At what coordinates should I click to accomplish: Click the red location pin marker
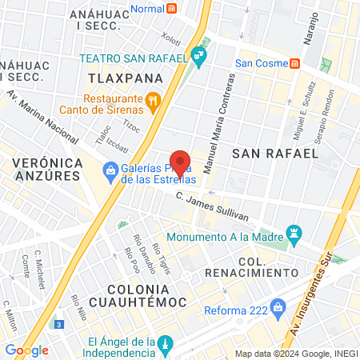point(180,163)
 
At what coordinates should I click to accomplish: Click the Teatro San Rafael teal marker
point(199,56)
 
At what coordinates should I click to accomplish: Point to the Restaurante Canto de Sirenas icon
point(155,101)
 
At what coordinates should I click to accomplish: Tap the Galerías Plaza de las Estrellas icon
point(111,170)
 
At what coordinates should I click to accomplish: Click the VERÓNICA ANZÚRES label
point(48,170)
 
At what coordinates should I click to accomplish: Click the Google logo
point(26,350)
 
